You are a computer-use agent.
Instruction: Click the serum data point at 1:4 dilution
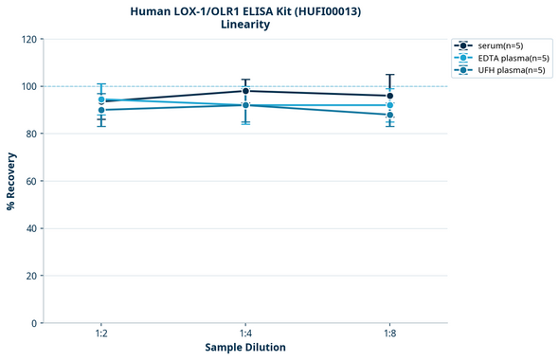point(245,91)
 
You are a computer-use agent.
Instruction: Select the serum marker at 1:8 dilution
point(389,96)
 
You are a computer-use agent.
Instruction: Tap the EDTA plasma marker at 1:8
point(389,105)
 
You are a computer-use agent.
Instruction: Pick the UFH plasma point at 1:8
point(389,115)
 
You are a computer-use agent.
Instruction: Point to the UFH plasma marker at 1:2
point(101,110)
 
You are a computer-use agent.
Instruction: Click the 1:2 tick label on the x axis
point(101,333)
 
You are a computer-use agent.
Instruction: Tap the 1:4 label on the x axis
point(245,333)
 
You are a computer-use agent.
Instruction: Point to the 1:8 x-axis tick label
point(389,333)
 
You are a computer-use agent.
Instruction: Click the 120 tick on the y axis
point(28,39)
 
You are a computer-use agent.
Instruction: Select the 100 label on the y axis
point(28,86)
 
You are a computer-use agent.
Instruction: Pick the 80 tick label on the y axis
point(31,134)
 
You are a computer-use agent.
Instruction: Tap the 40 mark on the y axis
point(31,228)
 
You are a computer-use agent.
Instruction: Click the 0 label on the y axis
point(34,323)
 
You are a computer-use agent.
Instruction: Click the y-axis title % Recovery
point(11,180)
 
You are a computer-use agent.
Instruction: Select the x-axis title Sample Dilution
point(245,348)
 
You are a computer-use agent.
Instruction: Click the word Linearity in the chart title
point(245,25)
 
